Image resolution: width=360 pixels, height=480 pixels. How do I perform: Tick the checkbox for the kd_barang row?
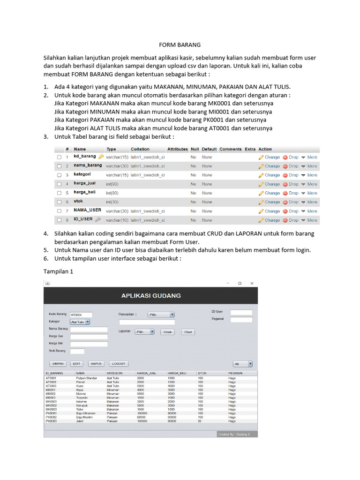59,157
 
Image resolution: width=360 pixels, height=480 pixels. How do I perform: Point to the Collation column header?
140,149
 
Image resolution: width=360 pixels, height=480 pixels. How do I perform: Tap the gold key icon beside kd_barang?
101,157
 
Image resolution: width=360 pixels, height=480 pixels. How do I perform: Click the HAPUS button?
96,364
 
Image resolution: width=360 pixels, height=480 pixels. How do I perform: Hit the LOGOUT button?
119,364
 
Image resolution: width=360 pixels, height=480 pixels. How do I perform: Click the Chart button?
188,332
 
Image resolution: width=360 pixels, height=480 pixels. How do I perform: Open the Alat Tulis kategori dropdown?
80,322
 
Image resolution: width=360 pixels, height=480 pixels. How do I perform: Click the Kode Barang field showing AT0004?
81,315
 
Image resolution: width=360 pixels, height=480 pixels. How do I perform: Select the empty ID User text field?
241,312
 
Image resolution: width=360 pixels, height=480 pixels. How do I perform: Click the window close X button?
252,283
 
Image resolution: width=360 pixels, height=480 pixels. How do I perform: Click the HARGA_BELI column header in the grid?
177,374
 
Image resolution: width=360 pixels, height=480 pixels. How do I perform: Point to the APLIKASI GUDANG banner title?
151,296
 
